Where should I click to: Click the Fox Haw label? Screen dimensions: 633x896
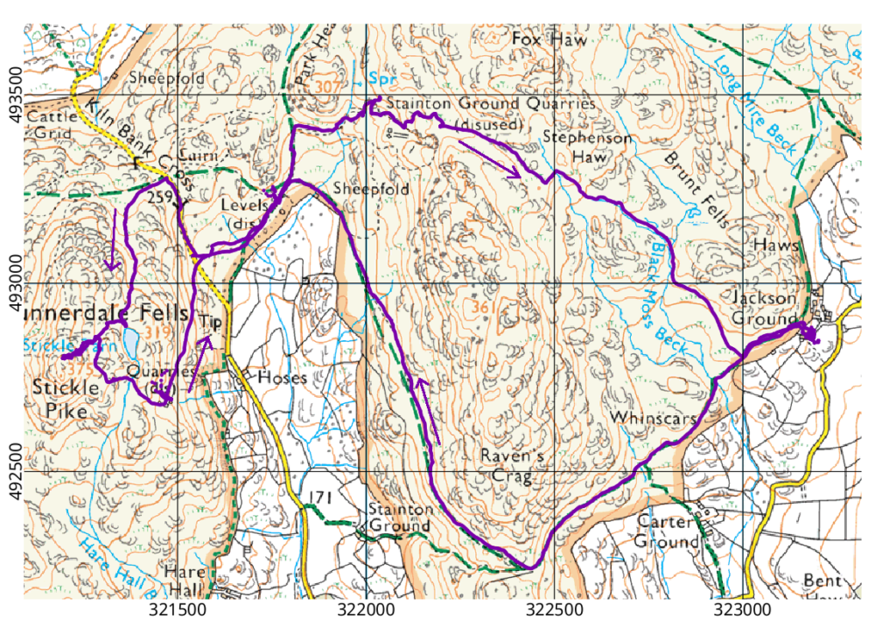tap(540, 40)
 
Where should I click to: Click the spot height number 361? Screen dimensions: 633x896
tap(484, 308)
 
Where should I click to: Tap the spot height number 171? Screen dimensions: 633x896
tap(321, 498)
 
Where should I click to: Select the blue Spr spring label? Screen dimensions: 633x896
tap(383, 78)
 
